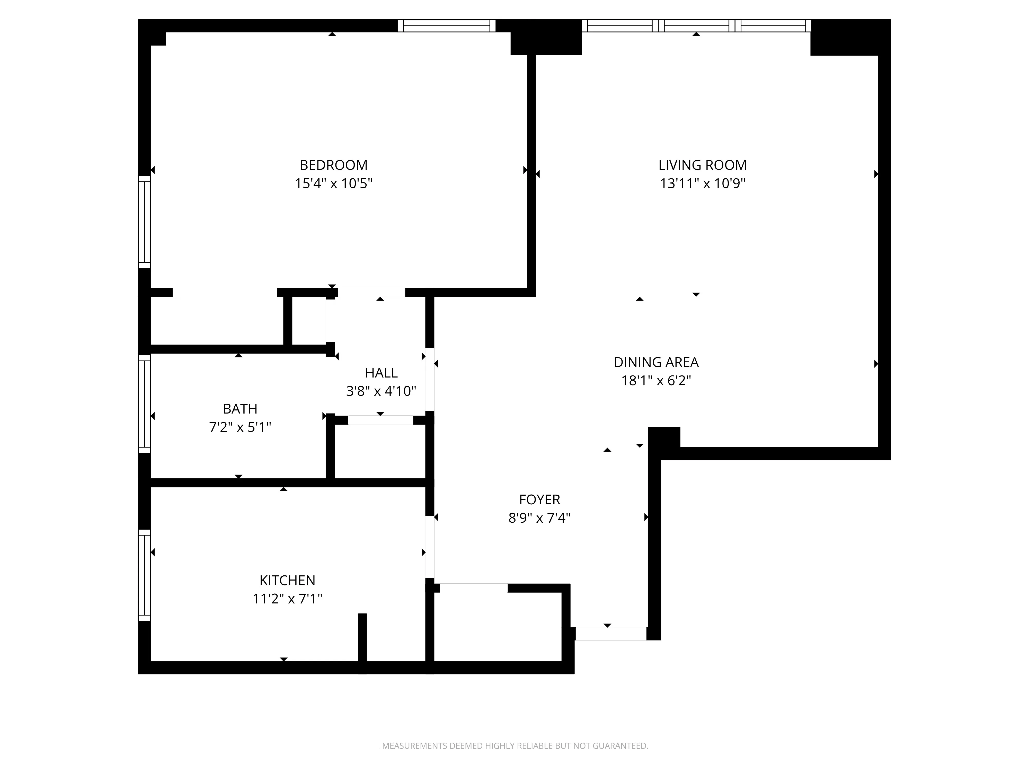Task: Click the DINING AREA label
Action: tap(656, 362)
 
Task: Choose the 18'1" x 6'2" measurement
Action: tap(656, 381)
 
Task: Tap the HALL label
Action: tap(381, 373)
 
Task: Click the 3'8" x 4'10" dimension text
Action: tap(381, 391)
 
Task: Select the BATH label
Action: tap(240, 409)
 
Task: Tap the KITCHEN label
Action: tap(287, 580)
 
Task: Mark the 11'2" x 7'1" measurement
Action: tap(287, 598)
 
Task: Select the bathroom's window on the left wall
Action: tap(144, 404)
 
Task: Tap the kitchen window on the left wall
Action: tap(144, 575)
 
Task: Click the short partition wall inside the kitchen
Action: tap(362, 637)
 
